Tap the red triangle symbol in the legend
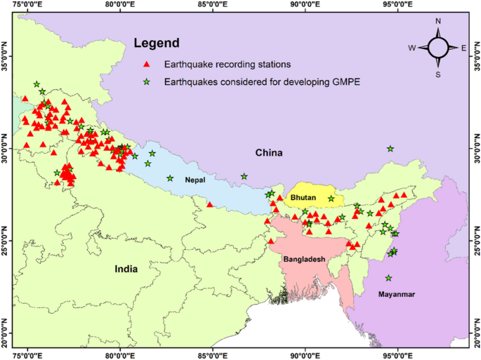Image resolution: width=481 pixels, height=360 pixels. pyautogui.click(x=147, y=65)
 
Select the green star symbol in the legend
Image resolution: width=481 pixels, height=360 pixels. pyautogui.click(x=147, y=82)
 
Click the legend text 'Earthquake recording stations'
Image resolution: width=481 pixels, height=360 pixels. pyautogui.click(x=217, y=65)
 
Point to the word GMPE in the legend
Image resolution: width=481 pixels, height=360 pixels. pyautogui.click(x=345, y=82)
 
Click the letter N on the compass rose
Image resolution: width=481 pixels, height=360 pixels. pyautogui.click(x=438, y=22)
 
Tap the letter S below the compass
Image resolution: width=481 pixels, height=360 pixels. pyautogui.click(x=438, y=74)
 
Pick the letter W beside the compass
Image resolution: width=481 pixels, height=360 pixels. pyautogui.click(x=412, y=48)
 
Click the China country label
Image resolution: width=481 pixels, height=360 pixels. pyautogui.click(x=268, y=153)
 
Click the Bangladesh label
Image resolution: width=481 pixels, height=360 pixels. pyautogui.click(x=304, y=259)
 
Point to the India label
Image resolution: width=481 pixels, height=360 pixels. pyautogui.click(x=126, y=269)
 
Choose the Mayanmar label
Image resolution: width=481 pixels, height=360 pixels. pyautogui.click(x=397, y=294)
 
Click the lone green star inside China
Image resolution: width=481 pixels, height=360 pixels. pyautogui.click(x=390, y=149)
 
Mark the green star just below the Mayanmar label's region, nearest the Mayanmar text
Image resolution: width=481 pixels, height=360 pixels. pyautogui.click(x=388, y=278)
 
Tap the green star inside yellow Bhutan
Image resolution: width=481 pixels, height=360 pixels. pyautogui.click(x=331, y=199)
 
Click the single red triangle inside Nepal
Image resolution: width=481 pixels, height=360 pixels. pyautogui.click(x=210, y=205)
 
